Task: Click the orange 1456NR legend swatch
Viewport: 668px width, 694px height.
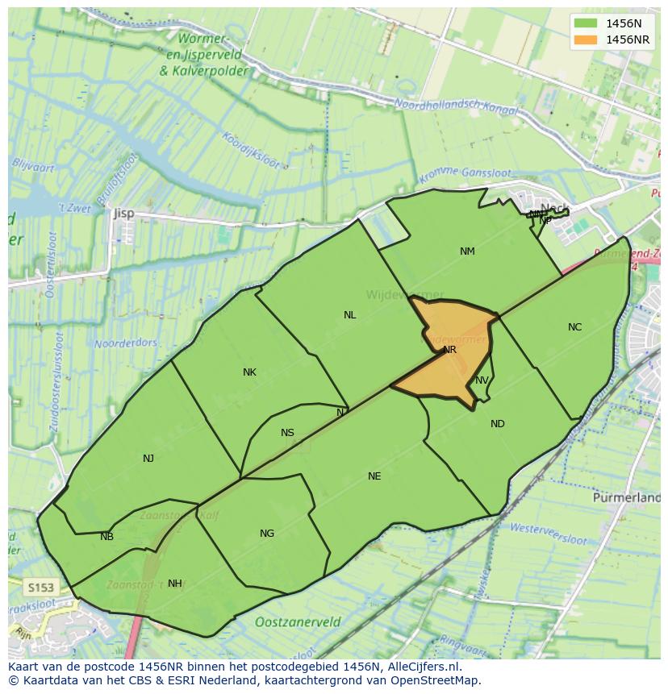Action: [x=586, y=39]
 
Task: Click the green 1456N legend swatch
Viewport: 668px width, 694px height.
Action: [x=586, y=23]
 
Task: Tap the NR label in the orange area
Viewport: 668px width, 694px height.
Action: [x=450, y=350]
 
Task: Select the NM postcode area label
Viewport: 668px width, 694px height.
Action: [x=467, y=251]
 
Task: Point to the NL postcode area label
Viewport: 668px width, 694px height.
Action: [x=349, y=315]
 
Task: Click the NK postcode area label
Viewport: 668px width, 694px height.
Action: [x=249, y=372]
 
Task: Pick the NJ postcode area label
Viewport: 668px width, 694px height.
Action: [x=148, y=459]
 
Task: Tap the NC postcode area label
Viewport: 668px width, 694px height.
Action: [x=574, y=327]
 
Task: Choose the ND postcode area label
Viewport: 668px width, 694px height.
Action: [x=497, y=424]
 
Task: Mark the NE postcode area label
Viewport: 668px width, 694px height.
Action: [x=374, y=476]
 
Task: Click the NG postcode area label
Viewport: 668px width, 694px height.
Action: [x=267, y=534]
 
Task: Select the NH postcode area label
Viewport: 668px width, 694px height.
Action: [x=174, y=584]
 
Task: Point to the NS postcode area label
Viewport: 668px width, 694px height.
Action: [x=287, y=433]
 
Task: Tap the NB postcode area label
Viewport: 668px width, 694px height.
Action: [x=106, y=537]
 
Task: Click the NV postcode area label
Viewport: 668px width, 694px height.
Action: [x=482, y=380]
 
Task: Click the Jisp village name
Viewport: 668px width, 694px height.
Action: [x=124, y=214]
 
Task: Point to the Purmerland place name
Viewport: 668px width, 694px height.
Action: [x=626, y=498]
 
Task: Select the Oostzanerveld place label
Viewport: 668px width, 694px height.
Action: [x=298, y=622]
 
